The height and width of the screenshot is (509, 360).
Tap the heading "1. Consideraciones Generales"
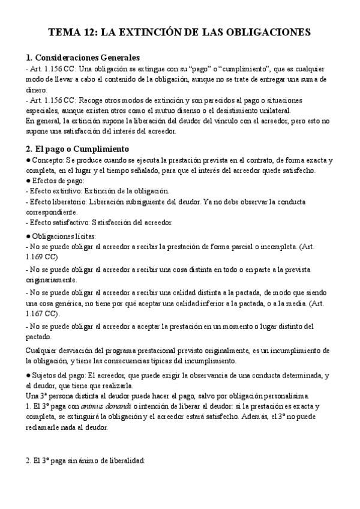pyautogui.click(x=83, y=58)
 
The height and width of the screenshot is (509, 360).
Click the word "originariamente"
pyautogui.click(x=52, y=280)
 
